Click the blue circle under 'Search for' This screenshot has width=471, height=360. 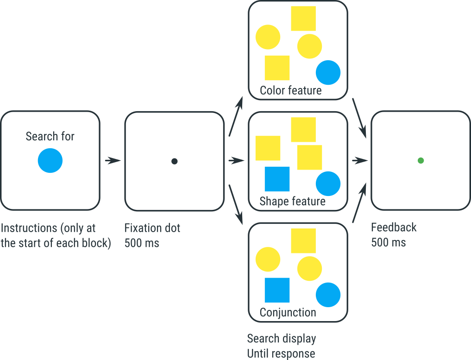tap(50, 160)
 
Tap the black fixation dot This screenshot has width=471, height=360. tap(175, 161)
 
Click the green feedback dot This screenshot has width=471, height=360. tap(421, 160)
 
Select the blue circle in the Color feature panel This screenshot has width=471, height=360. tap(328, 73)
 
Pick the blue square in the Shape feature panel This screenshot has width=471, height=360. tap(277, 179)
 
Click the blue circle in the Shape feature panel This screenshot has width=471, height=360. tap(328, 183)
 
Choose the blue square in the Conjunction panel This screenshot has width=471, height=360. tap(277, 290)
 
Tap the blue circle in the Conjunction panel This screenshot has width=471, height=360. tap(328, 295)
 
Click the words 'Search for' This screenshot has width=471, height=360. tap(50, 136)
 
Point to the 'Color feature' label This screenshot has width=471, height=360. tap(290, 90)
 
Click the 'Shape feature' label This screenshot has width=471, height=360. tap(292, 201)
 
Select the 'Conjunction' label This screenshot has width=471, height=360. tap(288, 312)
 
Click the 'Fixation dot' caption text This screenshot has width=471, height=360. tap(152, 228)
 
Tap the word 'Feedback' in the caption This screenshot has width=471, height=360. tap(394, 227)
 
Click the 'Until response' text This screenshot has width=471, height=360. tap(281, 354)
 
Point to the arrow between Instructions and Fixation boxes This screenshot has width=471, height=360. tap(113, 161)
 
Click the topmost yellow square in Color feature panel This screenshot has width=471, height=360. tap(303, 19)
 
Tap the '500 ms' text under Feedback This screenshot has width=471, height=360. tap(388, 242)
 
